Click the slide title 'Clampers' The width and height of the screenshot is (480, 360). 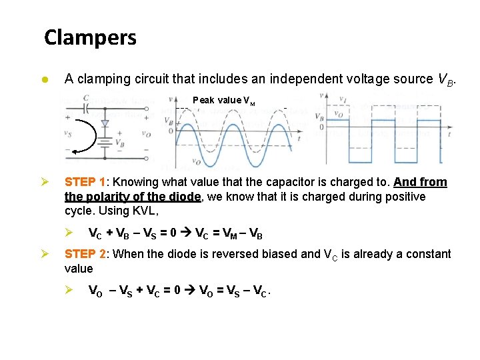(90, 37)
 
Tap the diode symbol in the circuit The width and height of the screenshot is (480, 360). (103, 124)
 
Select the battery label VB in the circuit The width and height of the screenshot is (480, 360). (119, 143)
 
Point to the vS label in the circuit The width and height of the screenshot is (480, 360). (68, 133)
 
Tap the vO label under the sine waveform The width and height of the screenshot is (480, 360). (196, 161)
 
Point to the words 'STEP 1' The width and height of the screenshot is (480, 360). (85, 182)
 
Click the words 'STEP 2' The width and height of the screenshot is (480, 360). (85, 254)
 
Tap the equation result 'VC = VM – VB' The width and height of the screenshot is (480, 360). (229, 234)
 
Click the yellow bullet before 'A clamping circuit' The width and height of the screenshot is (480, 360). (44, 79)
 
